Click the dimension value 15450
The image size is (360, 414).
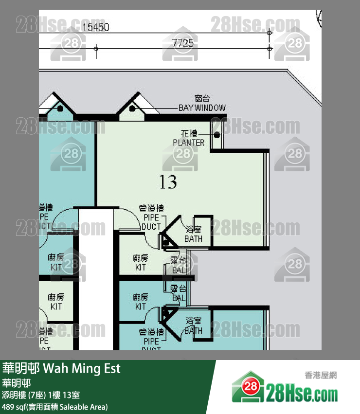point(95,28)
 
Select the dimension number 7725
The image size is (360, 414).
point(183,43)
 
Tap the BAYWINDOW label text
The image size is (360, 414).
point(202,108)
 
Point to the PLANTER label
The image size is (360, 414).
point(189,143)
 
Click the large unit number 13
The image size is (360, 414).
point(168,182)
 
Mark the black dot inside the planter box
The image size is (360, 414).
point(217,134)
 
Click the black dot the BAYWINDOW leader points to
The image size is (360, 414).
point(133,108)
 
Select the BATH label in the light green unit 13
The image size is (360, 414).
point(193,239)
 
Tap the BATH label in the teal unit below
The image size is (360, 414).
point(193,331)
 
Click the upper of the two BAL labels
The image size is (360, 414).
point(179,270)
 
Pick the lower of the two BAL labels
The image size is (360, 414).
point(179,298)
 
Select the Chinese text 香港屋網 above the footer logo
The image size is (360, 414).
point(321,375)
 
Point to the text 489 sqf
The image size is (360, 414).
point(14,407)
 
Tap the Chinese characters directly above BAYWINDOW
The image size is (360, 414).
point(202,99)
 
